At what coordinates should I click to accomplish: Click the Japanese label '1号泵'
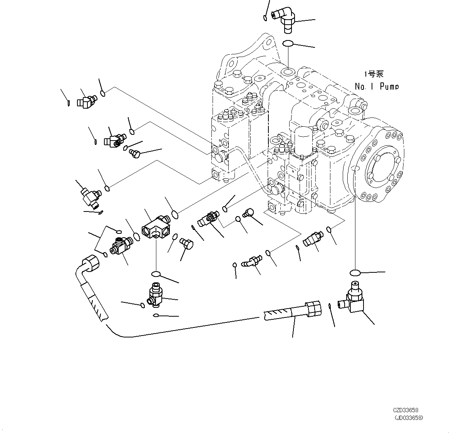coord(374,74)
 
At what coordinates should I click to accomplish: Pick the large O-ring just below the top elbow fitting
coord(288,44)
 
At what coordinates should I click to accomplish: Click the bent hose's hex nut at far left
coord(90,263)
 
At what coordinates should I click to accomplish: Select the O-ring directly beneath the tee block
coord(156,274)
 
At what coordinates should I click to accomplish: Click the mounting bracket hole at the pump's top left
coord(232,63)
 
